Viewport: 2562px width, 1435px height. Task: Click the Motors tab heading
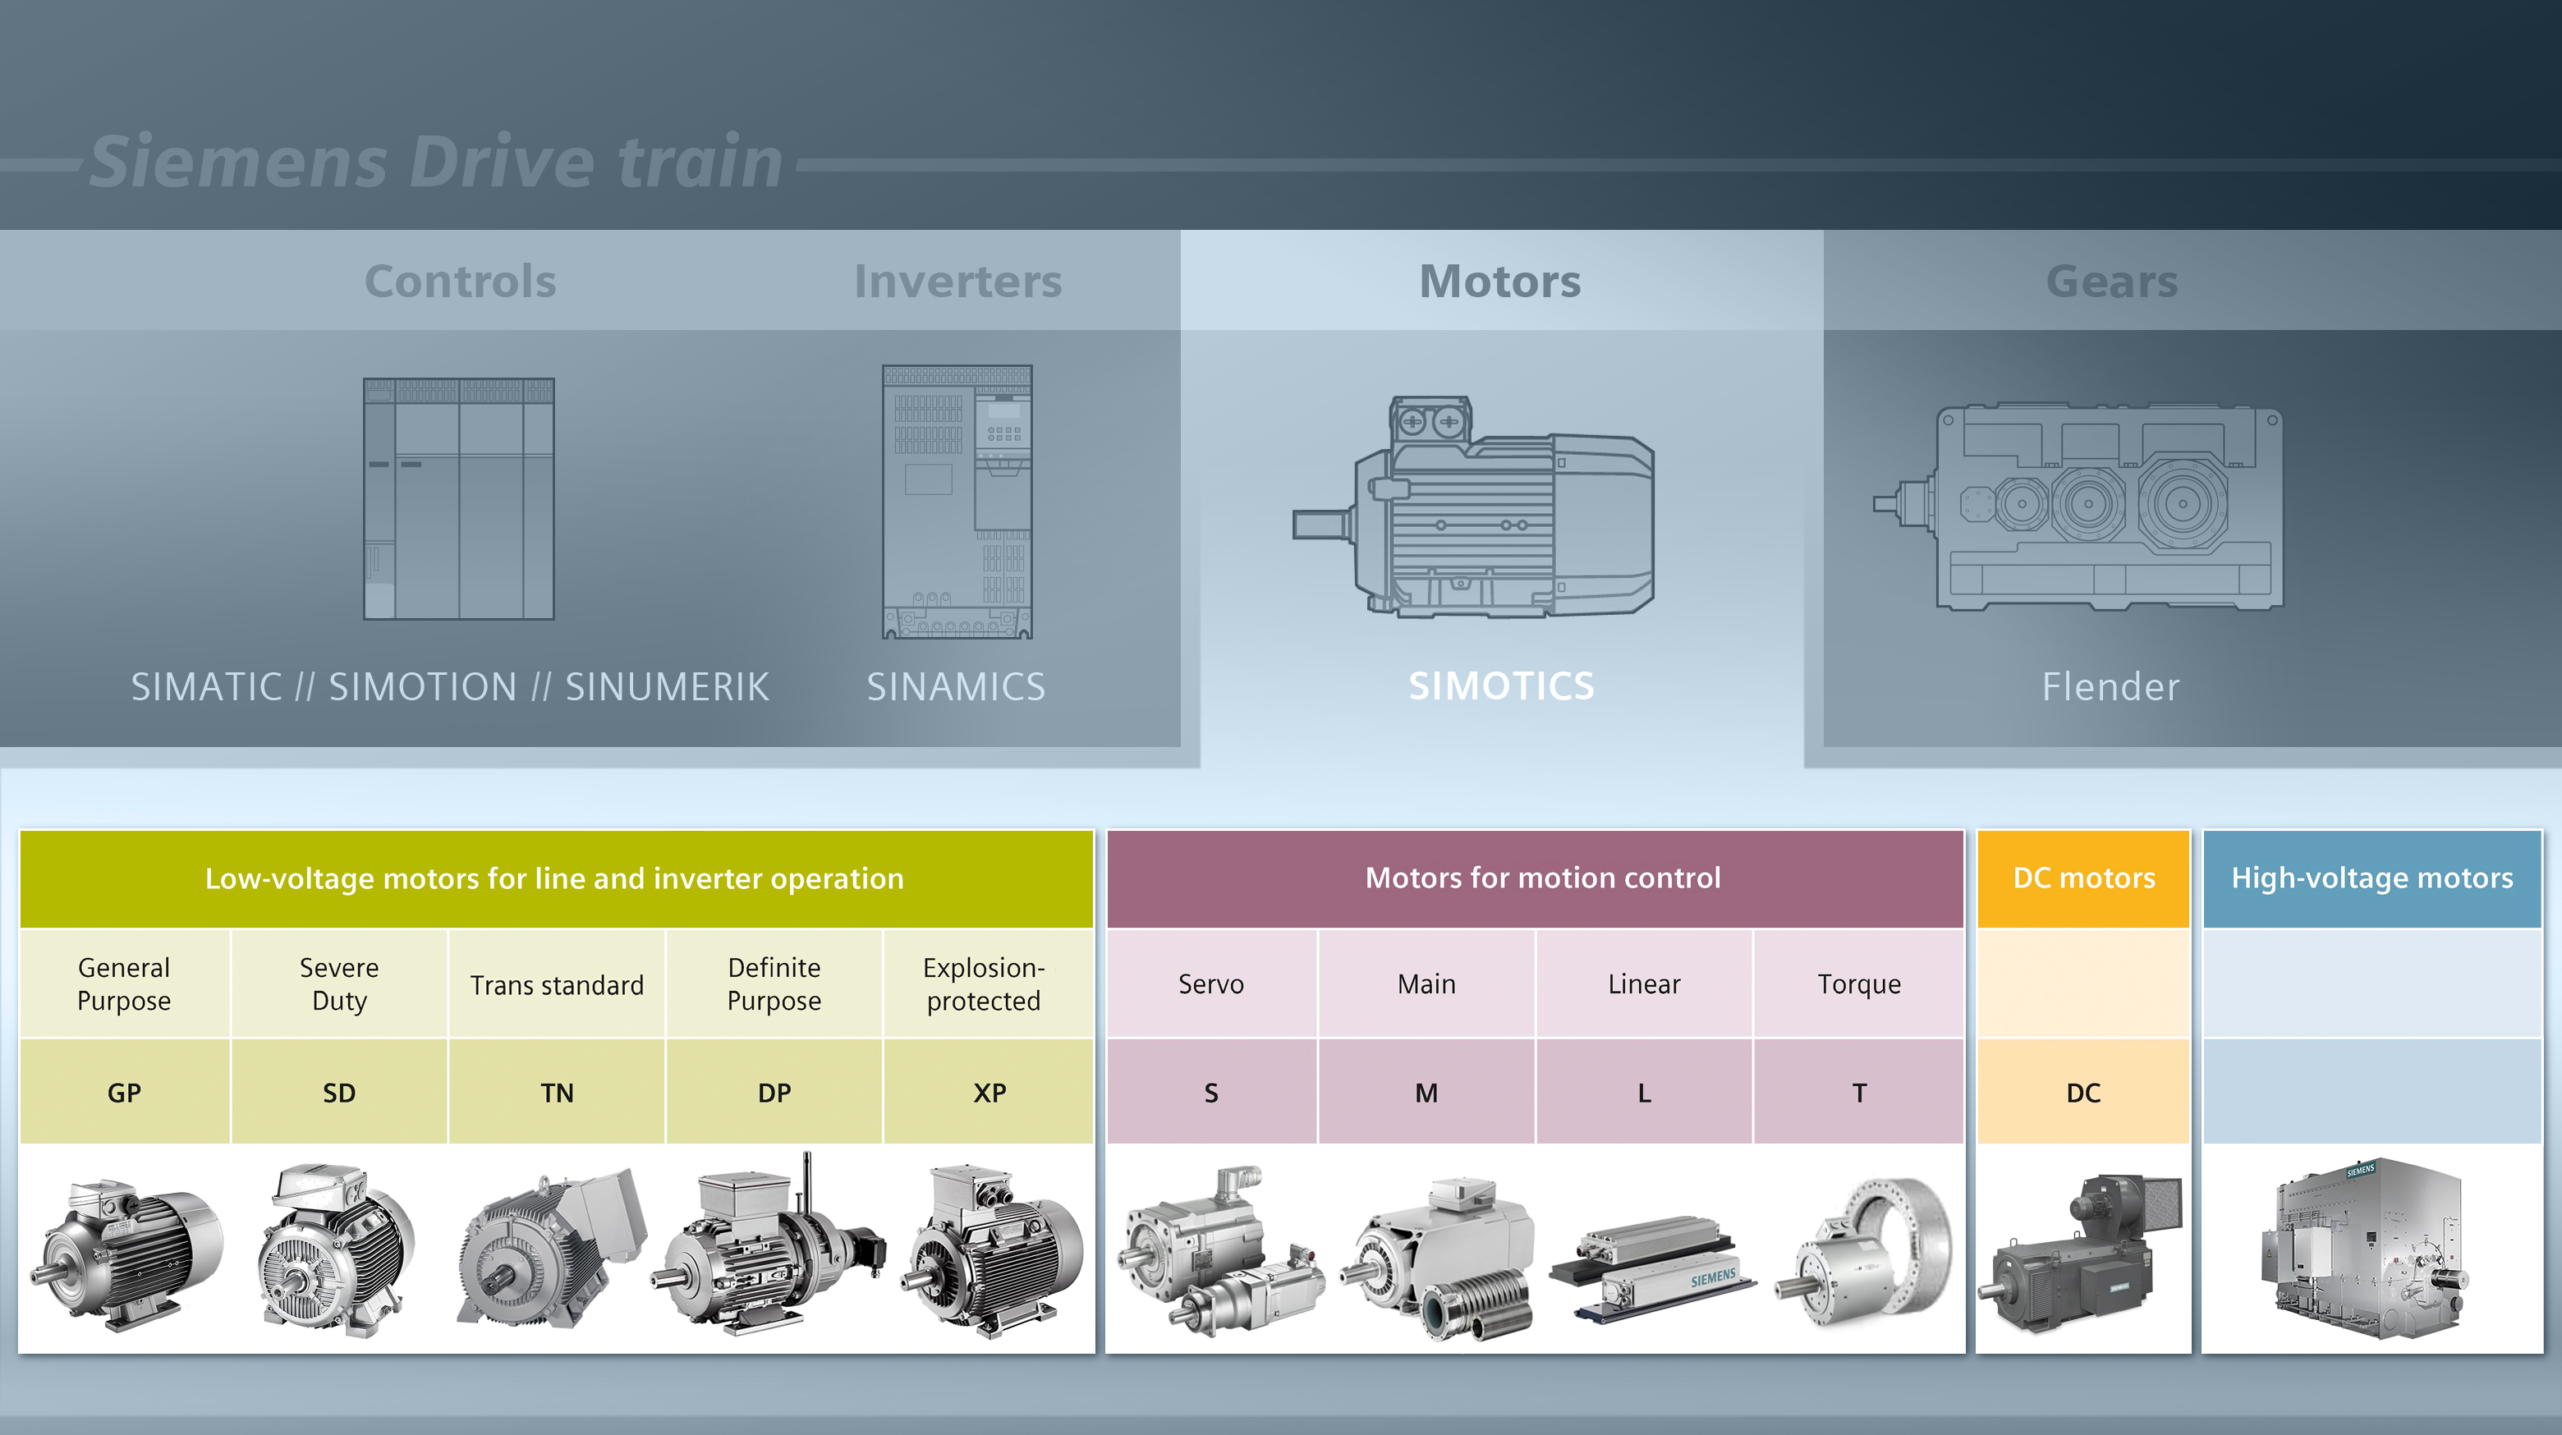pyautogui.click(x=1499, y=282)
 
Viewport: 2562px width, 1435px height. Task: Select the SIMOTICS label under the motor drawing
pyautogui.click(x=1501, y=686)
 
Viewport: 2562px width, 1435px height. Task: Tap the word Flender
pyautogui.click(x=2110, y=687)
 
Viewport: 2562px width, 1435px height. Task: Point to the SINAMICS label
pyautogui.click(x=956, y=687)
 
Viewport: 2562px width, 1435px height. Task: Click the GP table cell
pyautogui.click(x=124, y=1093)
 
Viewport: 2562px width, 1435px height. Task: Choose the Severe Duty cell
pyautogui.click(x=339, y=983)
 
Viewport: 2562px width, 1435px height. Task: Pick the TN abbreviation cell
pyautogui.click(x=557, y=1093)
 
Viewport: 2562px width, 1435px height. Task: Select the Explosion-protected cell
pyautogui.click(x=984, y=983)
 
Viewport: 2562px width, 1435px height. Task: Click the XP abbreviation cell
pyautogui.click(x=989, y=1093)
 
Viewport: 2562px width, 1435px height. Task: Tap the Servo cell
pyautogui.click(x=1210, y=983)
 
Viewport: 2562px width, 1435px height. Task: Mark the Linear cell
pyautogui.click(x=1644, y=983)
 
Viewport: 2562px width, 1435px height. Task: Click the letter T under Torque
pyautogui.click(x=1859, y=1093)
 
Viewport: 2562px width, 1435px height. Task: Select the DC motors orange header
pyautogui.click(x=2083, y=878)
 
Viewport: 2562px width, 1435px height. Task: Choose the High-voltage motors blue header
pyautogui.click(x=2372, y=878)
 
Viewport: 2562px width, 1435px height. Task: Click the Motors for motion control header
pyautogui.click(x=1543, y=878)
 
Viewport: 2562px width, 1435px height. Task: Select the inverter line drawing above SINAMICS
pyautogui.click(x=957, y=502)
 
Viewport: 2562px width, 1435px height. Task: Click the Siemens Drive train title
pyautogui.click(x=435, y=161)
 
